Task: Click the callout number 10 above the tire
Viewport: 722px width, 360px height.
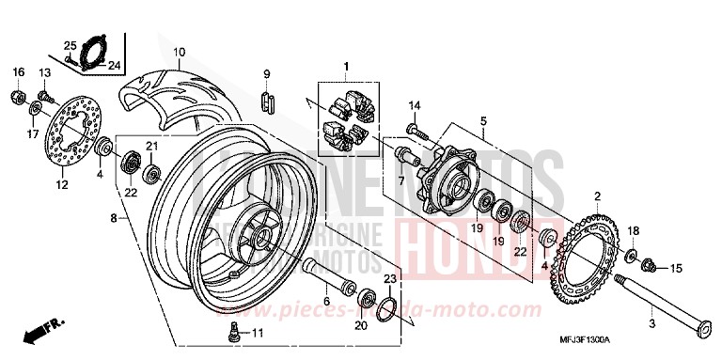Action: tap(179, 52)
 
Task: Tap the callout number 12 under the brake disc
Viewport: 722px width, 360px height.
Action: tap(63, 184)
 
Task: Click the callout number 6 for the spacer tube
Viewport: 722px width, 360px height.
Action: tap(326, 302)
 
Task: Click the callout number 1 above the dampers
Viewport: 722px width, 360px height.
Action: tap(345, 66)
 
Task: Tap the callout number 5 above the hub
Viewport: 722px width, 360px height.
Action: tap(482, 121)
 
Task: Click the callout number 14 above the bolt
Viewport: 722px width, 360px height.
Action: tap(415, 104)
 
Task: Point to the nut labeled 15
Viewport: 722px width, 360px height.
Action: tap(648, 267)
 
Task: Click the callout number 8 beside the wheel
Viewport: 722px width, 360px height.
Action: tap(114, 218)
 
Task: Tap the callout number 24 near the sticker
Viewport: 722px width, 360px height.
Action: tap(115, 65)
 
